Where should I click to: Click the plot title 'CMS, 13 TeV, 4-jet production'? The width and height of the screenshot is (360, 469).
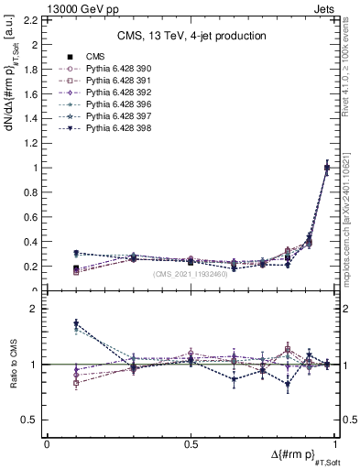191,37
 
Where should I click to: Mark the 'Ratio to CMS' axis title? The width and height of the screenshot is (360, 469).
14,364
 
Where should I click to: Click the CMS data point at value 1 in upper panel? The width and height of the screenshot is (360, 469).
328,168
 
